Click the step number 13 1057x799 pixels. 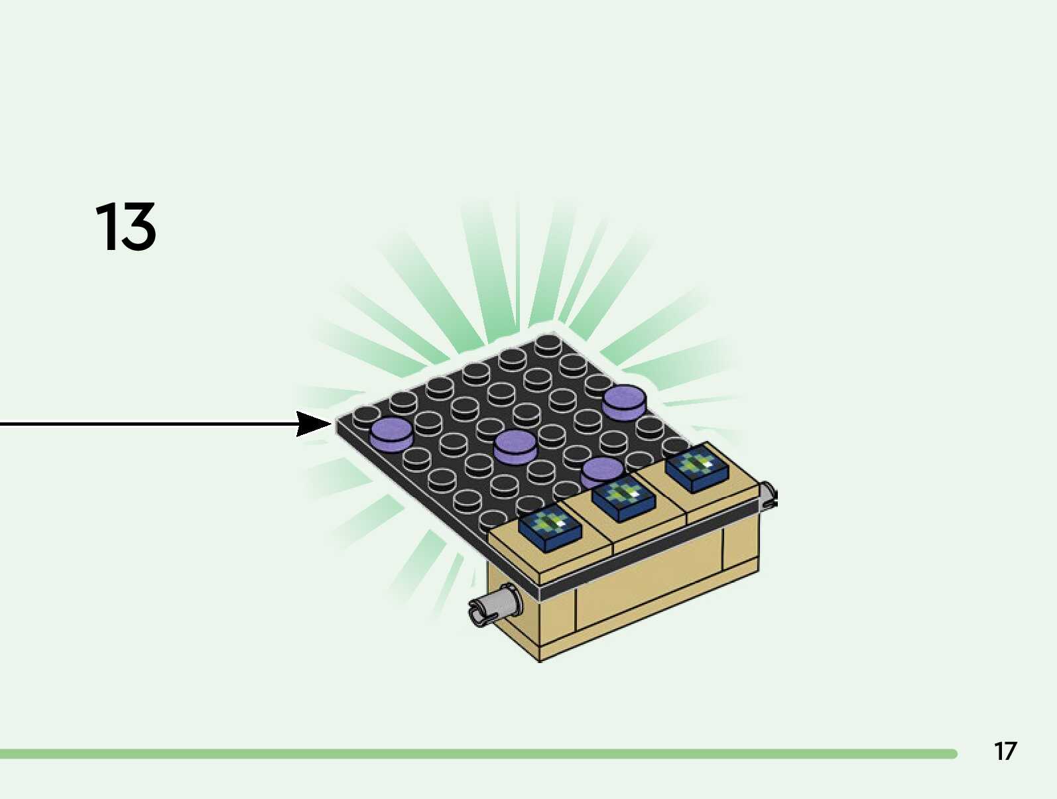tap(125, 227)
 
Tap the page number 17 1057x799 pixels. tap(1005, 751)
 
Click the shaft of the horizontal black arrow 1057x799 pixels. tap(146, 424)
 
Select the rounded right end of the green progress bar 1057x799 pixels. tap(952, 754)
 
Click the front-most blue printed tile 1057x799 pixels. tap(550, 528)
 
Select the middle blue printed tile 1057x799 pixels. tap(623, 497)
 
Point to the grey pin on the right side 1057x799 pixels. tap(769, 494)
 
